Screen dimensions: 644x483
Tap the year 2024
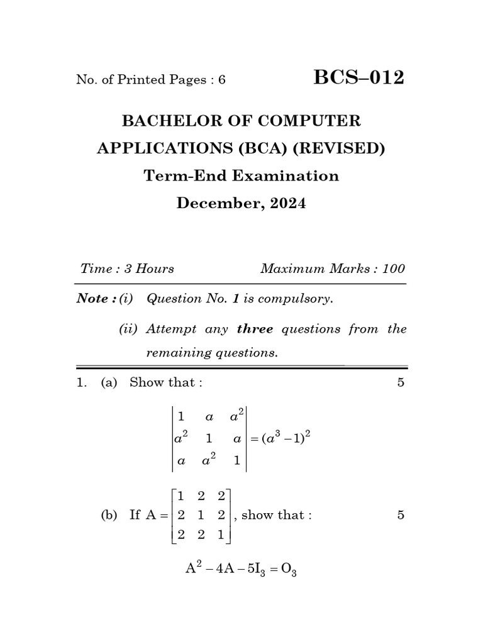pos(286,204)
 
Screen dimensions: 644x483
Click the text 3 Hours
pos(149,269)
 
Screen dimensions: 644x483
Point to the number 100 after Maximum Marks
pos(393,269)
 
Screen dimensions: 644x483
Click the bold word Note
pos(93,299)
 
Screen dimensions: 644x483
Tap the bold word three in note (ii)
pos(255,329)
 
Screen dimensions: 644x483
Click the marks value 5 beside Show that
pos(401,382)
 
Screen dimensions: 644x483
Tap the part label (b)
pos(109,515)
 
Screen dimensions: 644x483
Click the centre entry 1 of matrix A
pos(201,515)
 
